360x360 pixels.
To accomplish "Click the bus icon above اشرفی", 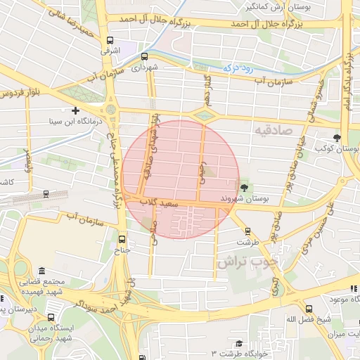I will [109, 41].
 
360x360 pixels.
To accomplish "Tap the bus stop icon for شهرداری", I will [144, 56].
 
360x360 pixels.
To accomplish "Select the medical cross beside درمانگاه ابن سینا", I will [75, 110].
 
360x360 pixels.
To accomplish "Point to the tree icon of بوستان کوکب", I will [337, 137].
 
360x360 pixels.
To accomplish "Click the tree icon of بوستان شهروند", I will [244, 188].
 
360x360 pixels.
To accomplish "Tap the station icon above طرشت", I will [247, 231].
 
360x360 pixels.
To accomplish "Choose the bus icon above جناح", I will [122, 238].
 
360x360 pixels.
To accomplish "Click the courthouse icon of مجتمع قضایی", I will [42, 271].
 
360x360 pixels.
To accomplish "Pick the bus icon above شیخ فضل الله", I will [309, 308].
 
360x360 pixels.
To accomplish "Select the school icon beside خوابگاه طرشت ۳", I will [239, 344].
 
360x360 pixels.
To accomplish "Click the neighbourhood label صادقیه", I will [274, 131].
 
